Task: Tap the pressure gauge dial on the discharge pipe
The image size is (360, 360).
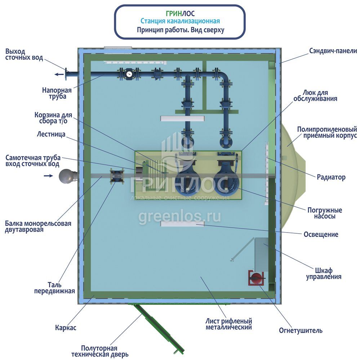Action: coord(129,75)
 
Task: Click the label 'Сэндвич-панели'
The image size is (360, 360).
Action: coord(333,51)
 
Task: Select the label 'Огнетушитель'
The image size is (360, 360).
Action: coord(301,330)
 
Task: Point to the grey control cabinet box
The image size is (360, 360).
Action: coord(261,254)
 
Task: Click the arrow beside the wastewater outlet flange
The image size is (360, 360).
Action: coord(57,75)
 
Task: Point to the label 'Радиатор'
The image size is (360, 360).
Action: coord(331,177)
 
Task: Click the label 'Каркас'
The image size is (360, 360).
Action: coord(66,328)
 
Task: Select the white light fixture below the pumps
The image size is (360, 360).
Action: coord(182,224)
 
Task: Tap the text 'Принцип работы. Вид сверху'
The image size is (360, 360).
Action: coord(180,30)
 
